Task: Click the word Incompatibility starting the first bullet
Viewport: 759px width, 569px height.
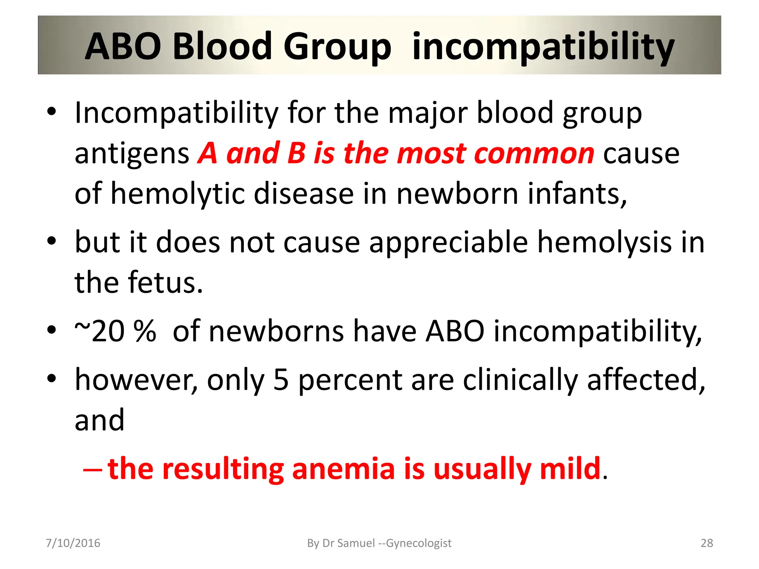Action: pyautogui.click(x=176, y=113)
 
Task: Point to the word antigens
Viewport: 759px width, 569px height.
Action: pyautogui.click(x=132, y=154)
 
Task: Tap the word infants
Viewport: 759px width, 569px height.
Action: pyautogui.click(x=577, y=194)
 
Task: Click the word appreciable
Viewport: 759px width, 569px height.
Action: pyautogui.click(x=448, y=242)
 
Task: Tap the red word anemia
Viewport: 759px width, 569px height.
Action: pyautogui.click(x=343, y=469)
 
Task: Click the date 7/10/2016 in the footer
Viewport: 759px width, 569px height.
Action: pyautogui.click(x=73, y=543)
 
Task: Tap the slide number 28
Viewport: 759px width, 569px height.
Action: pyautogui.click(x=707, y=543)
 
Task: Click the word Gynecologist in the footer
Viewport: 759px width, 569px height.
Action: pyautogui.click(x=419, y=543)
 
